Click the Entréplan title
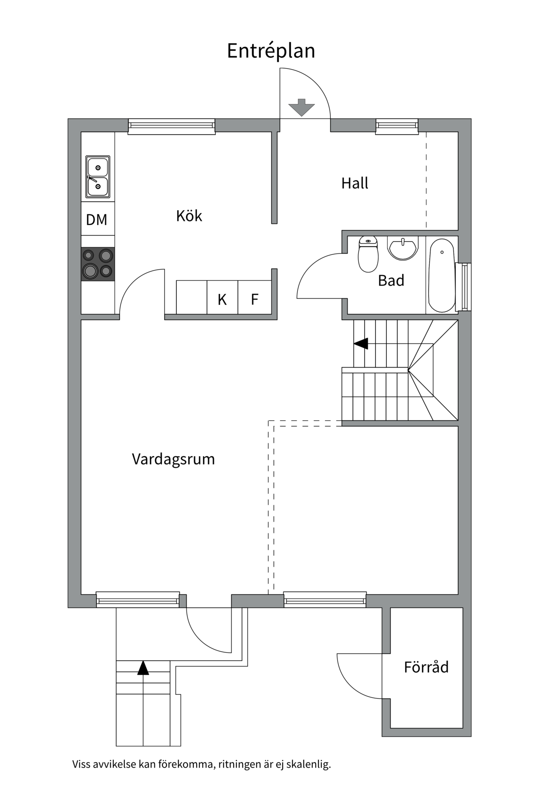271,51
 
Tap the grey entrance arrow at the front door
302,107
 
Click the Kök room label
189,216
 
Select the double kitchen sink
98,177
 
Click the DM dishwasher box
97,219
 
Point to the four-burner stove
98,264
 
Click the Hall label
354,183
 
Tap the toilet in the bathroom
368,254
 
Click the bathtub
441,275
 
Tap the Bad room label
391,280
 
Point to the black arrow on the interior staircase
361,344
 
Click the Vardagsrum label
173,459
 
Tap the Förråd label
426,667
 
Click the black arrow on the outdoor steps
143,668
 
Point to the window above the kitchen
171,126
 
